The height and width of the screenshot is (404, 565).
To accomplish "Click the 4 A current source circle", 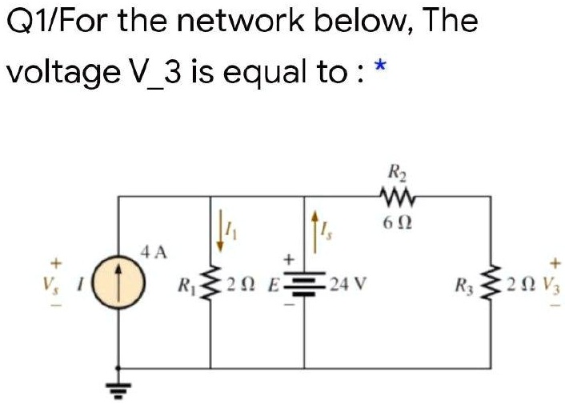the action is [x=119, y=282].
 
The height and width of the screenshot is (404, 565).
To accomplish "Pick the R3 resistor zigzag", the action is [x=490, y=285].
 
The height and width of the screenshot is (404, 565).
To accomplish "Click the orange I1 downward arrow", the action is [x=219, y=230].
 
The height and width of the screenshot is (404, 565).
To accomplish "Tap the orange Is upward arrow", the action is [x=315, y=231].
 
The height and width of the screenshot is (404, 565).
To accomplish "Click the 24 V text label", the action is [x=347, y=285].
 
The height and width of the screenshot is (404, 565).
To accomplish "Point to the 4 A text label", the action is [x=154, y=253].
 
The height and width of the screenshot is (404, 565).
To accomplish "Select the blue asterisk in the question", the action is [x=380, y=66].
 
